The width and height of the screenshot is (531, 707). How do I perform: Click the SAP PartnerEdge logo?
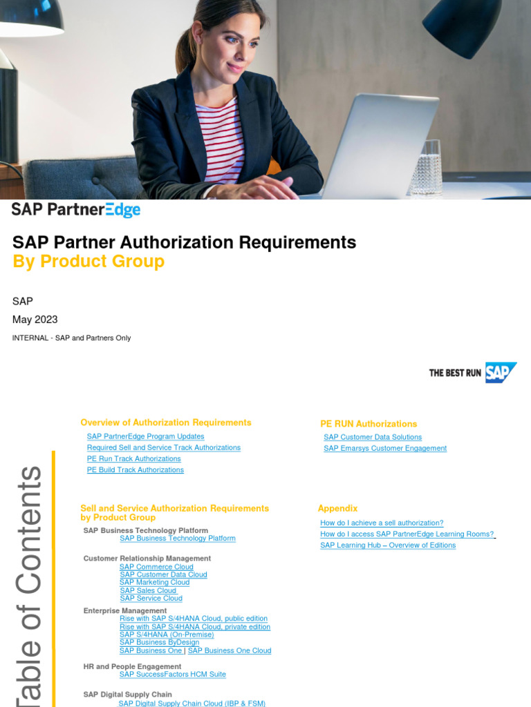76,210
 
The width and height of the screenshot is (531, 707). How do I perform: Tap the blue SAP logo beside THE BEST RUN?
500,372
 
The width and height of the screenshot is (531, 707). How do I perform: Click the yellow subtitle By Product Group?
88,262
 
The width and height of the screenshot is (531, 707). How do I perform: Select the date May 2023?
35,320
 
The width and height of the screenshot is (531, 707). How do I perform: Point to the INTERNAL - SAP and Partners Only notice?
72,338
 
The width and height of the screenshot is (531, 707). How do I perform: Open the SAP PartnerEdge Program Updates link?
145,436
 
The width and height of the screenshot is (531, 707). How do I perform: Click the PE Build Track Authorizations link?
135,469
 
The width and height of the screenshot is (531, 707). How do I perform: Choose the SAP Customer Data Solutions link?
372,437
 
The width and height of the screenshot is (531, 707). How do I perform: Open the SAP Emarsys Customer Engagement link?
384,448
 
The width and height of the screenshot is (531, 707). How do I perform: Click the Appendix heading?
337,508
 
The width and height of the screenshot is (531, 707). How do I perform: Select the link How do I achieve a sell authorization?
382,523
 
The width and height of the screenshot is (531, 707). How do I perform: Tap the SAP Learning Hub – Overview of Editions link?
388,545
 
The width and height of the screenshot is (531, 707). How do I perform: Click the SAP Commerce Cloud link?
156,567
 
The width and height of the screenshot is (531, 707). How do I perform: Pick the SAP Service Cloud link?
151,599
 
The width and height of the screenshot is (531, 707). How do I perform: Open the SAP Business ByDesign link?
159,642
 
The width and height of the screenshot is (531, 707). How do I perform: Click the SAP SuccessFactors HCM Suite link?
172,674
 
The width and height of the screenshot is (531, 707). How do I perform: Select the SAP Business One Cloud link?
230,650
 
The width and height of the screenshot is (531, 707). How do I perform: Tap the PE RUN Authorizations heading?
369,424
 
